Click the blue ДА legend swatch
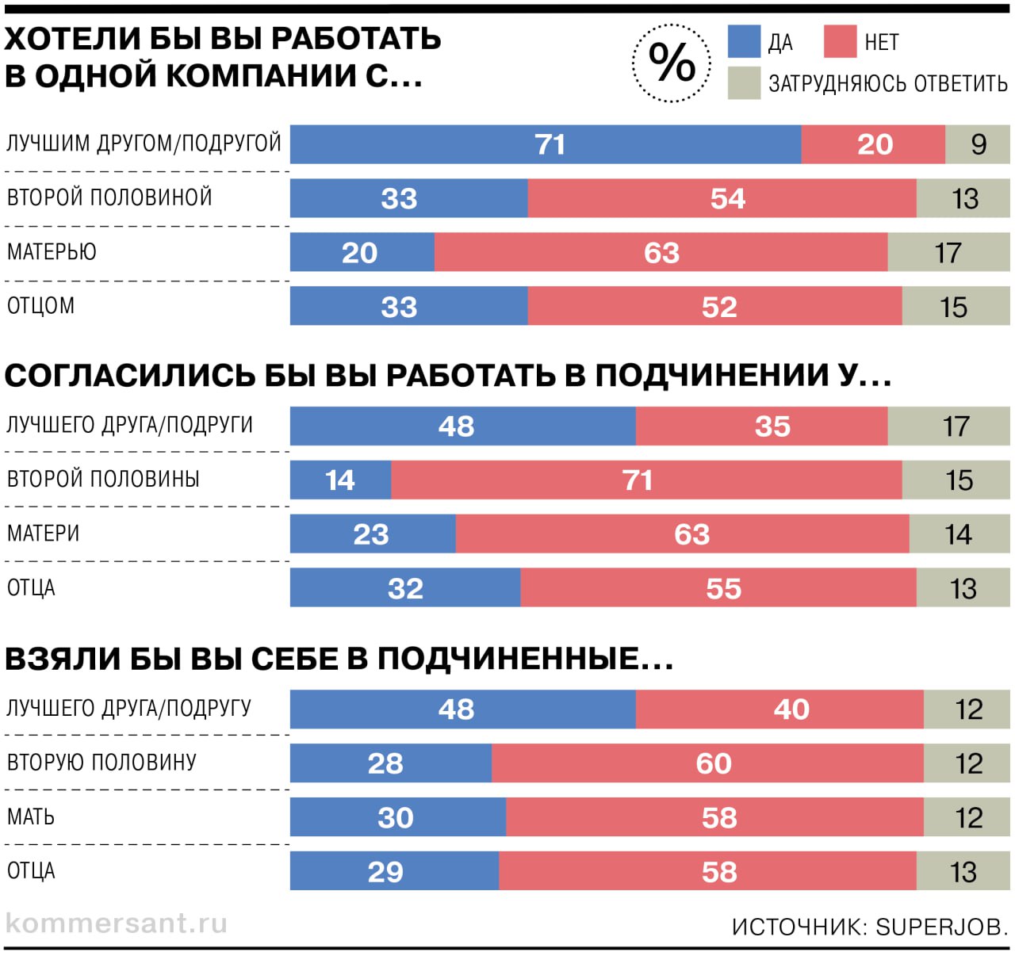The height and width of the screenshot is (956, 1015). click(744, 41)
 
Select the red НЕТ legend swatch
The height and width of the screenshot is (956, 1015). click(840, 41)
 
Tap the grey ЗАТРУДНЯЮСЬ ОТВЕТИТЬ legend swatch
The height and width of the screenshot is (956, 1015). click(744, 83)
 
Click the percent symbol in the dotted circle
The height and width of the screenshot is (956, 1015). click(672, 63)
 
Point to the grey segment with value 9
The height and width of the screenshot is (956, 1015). click(978, 144)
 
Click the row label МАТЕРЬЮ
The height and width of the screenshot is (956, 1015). click(52, 252)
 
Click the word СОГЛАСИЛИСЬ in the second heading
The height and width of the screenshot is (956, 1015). click(129, 376)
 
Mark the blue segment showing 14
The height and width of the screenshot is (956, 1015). click(340, 480)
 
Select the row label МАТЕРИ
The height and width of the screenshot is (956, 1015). click(44, 533)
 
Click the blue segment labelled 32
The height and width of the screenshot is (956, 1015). click(405, 588)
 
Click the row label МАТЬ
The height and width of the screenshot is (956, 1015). click(31, 816)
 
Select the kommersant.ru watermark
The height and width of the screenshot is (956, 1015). click(117, 923)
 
